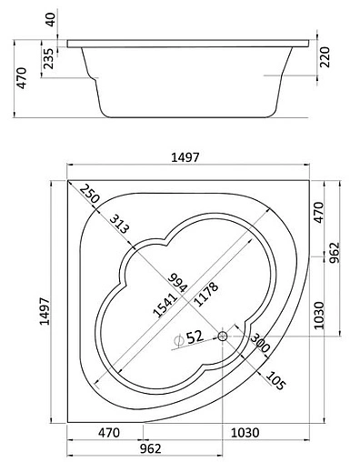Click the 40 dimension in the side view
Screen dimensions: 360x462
pos(51,19)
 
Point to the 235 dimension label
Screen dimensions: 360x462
pos(48,58)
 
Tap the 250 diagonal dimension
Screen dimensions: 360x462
pos(90,194)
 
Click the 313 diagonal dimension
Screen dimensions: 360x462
pos(119,224)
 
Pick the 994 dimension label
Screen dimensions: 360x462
pos(178,283)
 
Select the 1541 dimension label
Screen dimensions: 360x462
pos(165,305)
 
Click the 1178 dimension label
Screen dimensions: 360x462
pos(206,294)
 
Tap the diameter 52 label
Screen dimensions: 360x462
pos(188,337)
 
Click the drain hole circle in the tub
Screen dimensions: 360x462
pos(223,336)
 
